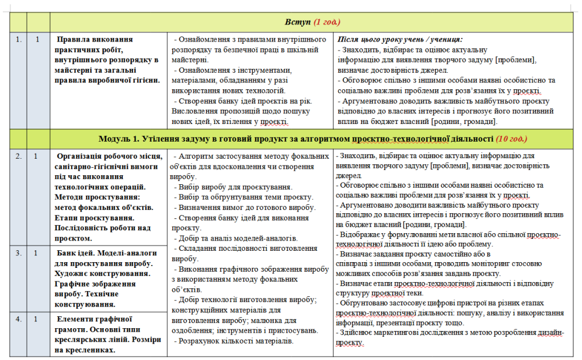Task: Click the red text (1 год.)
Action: click(327, 22)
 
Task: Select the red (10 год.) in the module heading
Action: click(511, 139)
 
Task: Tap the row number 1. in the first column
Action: click(18, 40)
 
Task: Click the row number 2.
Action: click(18, 156)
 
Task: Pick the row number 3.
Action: click(18, 253)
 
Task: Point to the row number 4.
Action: click(18, 319)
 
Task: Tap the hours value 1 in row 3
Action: click(38, 253)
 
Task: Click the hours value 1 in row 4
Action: click(38, 319)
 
